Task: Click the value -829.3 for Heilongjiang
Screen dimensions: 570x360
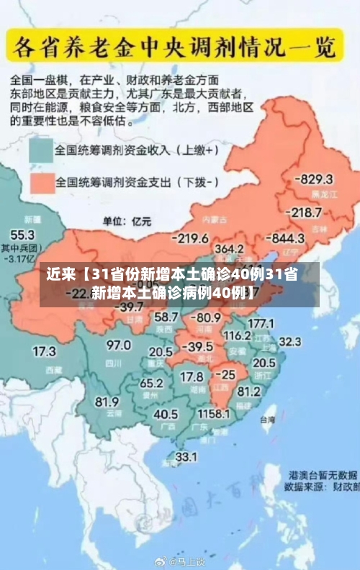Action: click(316, 179)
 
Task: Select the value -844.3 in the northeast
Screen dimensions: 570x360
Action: click(287, 238)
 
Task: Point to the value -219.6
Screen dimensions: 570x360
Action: click(190, 238)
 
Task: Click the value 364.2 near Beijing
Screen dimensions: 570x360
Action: click(229, 248)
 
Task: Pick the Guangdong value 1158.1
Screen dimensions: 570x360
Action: click(213, 415)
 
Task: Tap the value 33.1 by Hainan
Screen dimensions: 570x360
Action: click(186, 456)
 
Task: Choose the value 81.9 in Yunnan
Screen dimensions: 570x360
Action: click(107, 401)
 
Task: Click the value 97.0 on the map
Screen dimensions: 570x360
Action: click(119, 345)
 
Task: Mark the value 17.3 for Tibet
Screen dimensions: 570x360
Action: click(44, 352)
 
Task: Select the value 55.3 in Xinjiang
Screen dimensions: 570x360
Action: click(22, 235)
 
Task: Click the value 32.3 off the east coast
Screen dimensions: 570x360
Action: click(289, 341)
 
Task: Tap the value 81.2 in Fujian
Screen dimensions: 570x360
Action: click(248, 392)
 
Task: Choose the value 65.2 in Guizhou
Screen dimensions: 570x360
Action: click(151, 383)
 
